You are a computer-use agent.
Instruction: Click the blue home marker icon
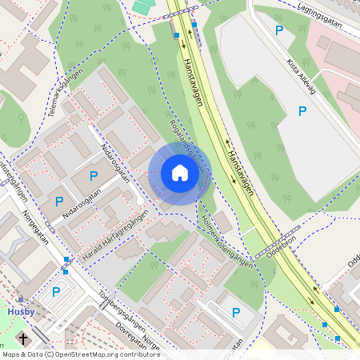click(x=180, y=172)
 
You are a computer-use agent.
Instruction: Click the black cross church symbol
click(x=23, y=338)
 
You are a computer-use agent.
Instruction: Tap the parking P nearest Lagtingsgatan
click(x=279, y=30)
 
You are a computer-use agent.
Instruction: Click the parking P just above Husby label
click(x=55, y=292)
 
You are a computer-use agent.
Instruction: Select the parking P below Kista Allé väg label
click(x=302, y=111)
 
